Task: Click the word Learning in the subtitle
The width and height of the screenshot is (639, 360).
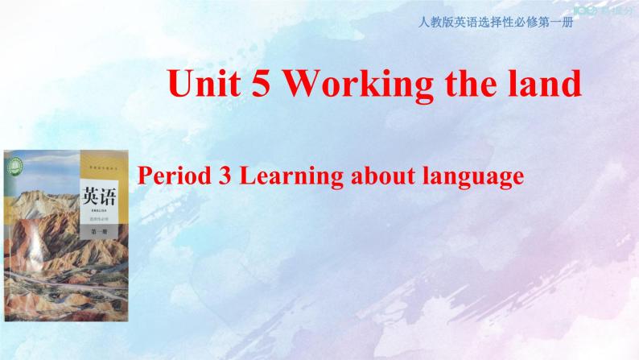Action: (x=278, y=176)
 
